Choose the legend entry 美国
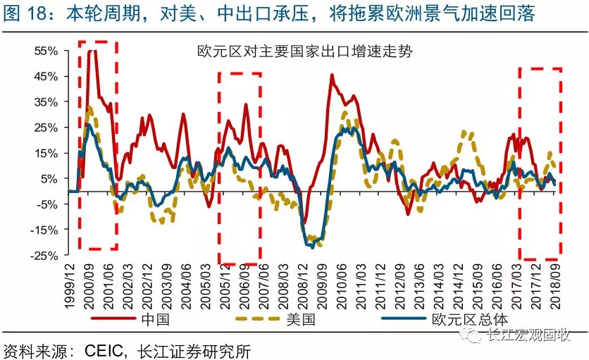299,318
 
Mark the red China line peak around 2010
332,75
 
